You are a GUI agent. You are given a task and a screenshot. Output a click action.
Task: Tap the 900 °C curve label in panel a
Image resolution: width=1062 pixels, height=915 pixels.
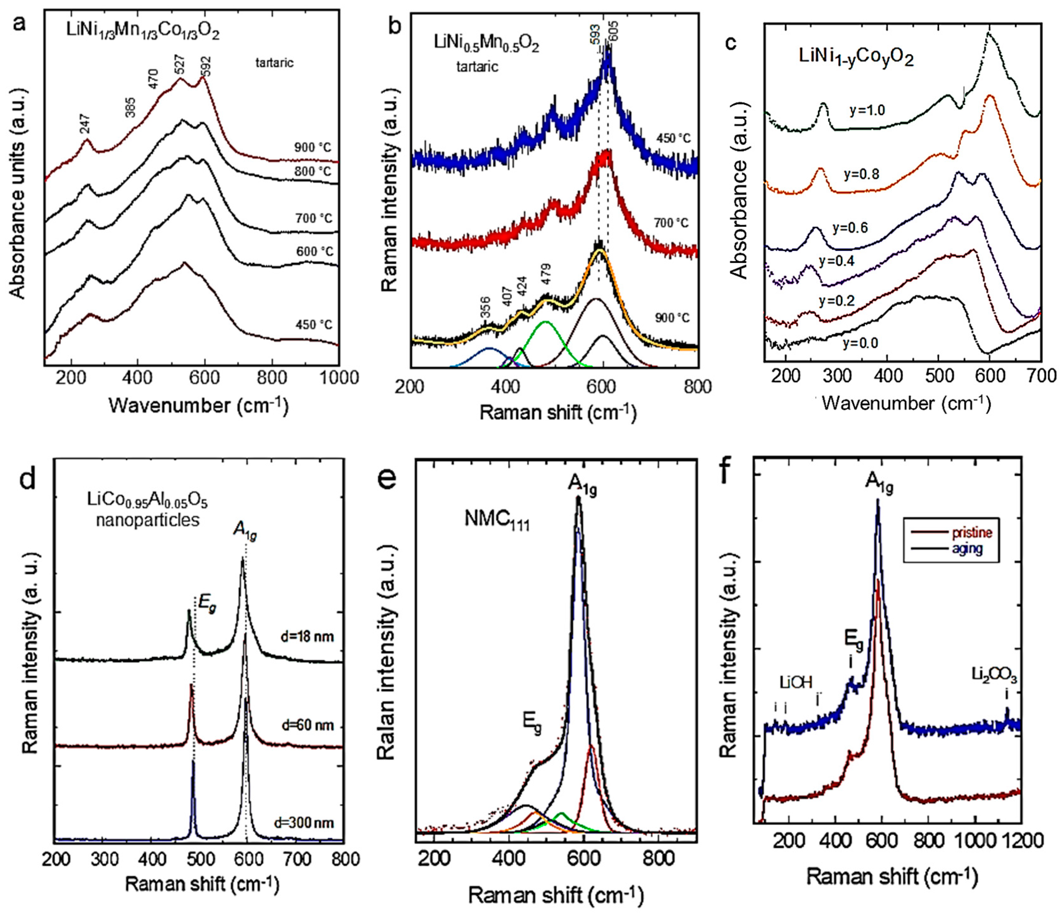point(313,148)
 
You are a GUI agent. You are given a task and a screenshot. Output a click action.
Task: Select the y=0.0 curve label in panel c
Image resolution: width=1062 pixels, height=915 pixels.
point(860,343)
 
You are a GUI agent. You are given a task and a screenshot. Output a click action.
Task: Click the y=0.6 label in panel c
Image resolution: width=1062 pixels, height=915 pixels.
point(850,227)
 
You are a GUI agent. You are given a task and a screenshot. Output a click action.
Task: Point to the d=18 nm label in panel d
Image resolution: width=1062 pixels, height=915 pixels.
point(308,637)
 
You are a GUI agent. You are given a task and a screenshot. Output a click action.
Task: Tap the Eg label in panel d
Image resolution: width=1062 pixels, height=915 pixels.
point(207,606)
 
